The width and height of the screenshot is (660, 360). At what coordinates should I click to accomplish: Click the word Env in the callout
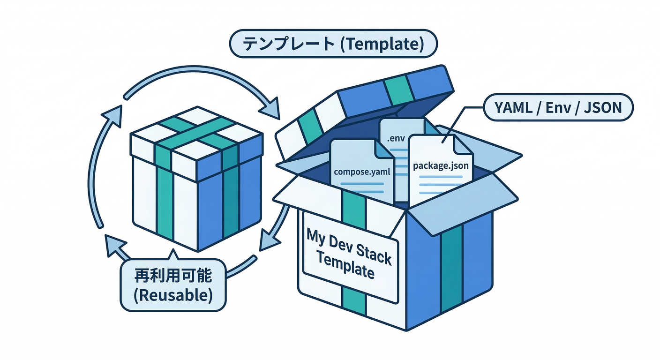point(560,108)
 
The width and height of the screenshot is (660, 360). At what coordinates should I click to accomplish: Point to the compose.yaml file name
point(361,172)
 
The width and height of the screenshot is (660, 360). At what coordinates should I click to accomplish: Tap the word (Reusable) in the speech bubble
point(173,295)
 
